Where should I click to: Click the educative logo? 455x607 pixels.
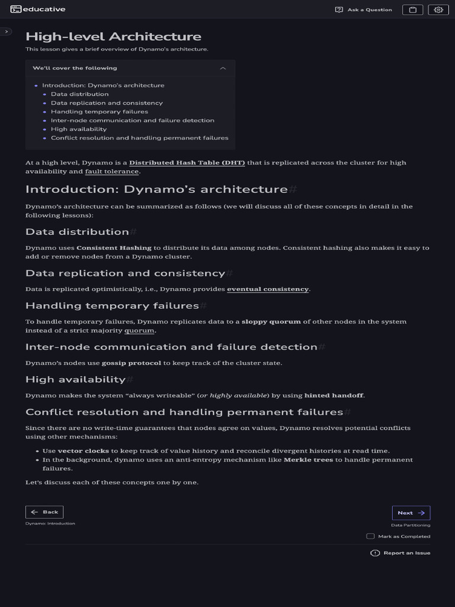(x=38, y=9)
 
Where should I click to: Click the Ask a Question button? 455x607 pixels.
(x=364, y=9)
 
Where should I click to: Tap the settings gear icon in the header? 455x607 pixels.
(x=438, y=9)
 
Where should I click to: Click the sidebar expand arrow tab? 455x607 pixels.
(x=7, y=31)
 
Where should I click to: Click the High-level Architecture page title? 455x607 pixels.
(x=113, y=37)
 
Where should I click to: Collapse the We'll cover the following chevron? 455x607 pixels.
(x=223, y=68)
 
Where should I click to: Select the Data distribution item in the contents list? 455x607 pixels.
(x=79, y=94)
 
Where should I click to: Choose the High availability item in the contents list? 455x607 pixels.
(x=79, y=129)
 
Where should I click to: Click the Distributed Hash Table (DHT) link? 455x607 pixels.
(x=187, y=163)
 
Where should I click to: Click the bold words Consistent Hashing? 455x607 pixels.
(x=114, y=248)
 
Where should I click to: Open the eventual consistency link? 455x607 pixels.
(x=268, y=289)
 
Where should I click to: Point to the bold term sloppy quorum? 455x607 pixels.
(x=271, y=322)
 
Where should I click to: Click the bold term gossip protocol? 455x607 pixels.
(x=131, y=363)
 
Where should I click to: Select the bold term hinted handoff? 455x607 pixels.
(x=334, y=395)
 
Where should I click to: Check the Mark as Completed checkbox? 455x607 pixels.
(x=370, y=536)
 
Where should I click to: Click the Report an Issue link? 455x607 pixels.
(x=400, y=553)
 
